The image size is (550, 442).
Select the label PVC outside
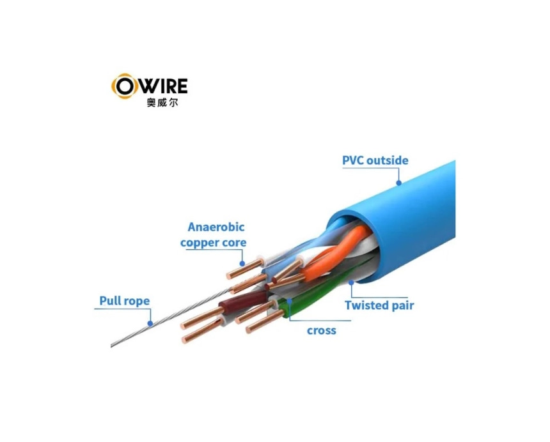click(375, 160)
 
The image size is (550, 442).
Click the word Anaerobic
click(216, 227)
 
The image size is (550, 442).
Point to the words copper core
click(213, 243)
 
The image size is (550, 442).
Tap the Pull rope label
click(124, 301)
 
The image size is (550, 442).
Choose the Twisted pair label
click(379, 305)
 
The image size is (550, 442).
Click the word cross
click(321, 330)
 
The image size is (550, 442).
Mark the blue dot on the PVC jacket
click(398, 183)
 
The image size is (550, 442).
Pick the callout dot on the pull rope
click(151, 324)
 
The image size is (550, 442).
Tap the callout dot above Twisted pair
click(352, 282)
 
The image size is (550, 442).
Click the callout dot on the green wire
click(290, 298)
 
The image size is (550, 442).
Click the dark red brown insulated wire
click(233, 300)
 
